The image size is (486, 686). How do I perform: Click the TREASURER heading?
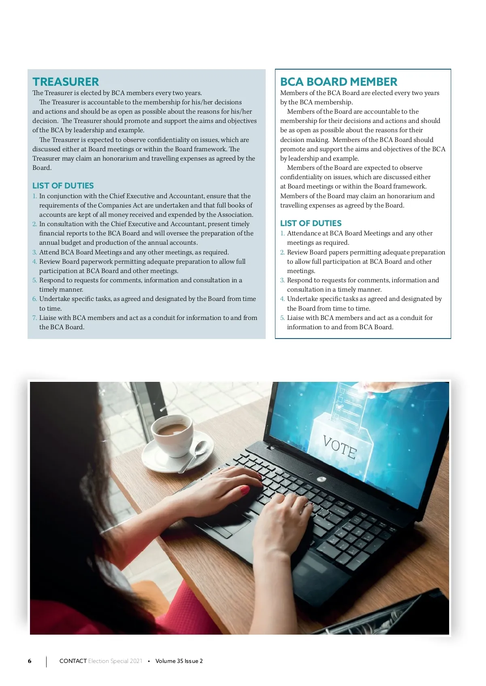point(66,82)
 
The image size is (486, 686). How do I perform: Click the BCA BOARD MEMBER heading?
point(339,82)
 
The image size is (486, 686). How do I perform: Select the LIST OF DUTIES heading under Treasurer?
point(63,186)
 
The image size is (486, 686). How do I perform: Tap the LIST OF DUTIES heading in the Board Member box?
point(311,223)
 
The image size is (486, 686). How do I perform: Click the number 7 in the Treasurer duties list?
point(34,318)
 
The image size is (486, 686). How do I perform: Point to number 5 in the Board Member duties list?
point(282,318)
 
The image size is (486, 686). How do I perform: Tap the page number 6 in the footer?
point(30,661)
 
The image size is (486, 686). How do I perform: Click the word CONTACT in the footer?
point(73,661)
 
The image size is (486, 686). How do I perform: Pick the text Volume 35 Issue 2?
point(179,661)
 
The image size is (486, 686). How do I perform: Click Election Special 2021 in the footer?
point(115,661)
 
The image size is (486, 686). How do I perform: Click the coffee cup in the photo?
point(172,435)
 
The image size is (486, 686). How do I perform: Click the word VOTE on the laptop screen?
point(340,447)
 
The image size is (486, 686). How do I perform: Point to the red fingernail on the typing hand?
point(245,491)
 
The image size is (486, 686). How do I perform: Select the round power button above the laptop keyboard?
point(322,479)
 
